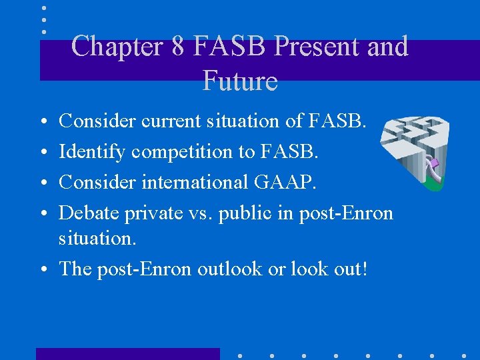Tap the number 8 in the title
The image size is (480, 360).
pyautogui.click(x=177, y=47)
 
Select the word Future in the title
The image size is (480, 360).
pyautogui.click(x=239, y=81)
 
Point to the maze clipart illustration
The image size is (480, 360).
pyautogui.click(x=414, y=153)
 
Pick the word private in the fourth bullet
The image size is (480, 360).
pyautogui.click(x=156, y=213)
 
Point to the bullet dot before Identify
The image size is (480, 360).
pyautogui.click(x=43, y=153)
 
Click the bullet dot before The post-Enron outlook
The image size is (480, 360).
pyautogui.click(x=43, y=269)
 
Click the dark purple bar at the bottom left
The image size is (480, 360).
pyautogui.click(x=127, y=353)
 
